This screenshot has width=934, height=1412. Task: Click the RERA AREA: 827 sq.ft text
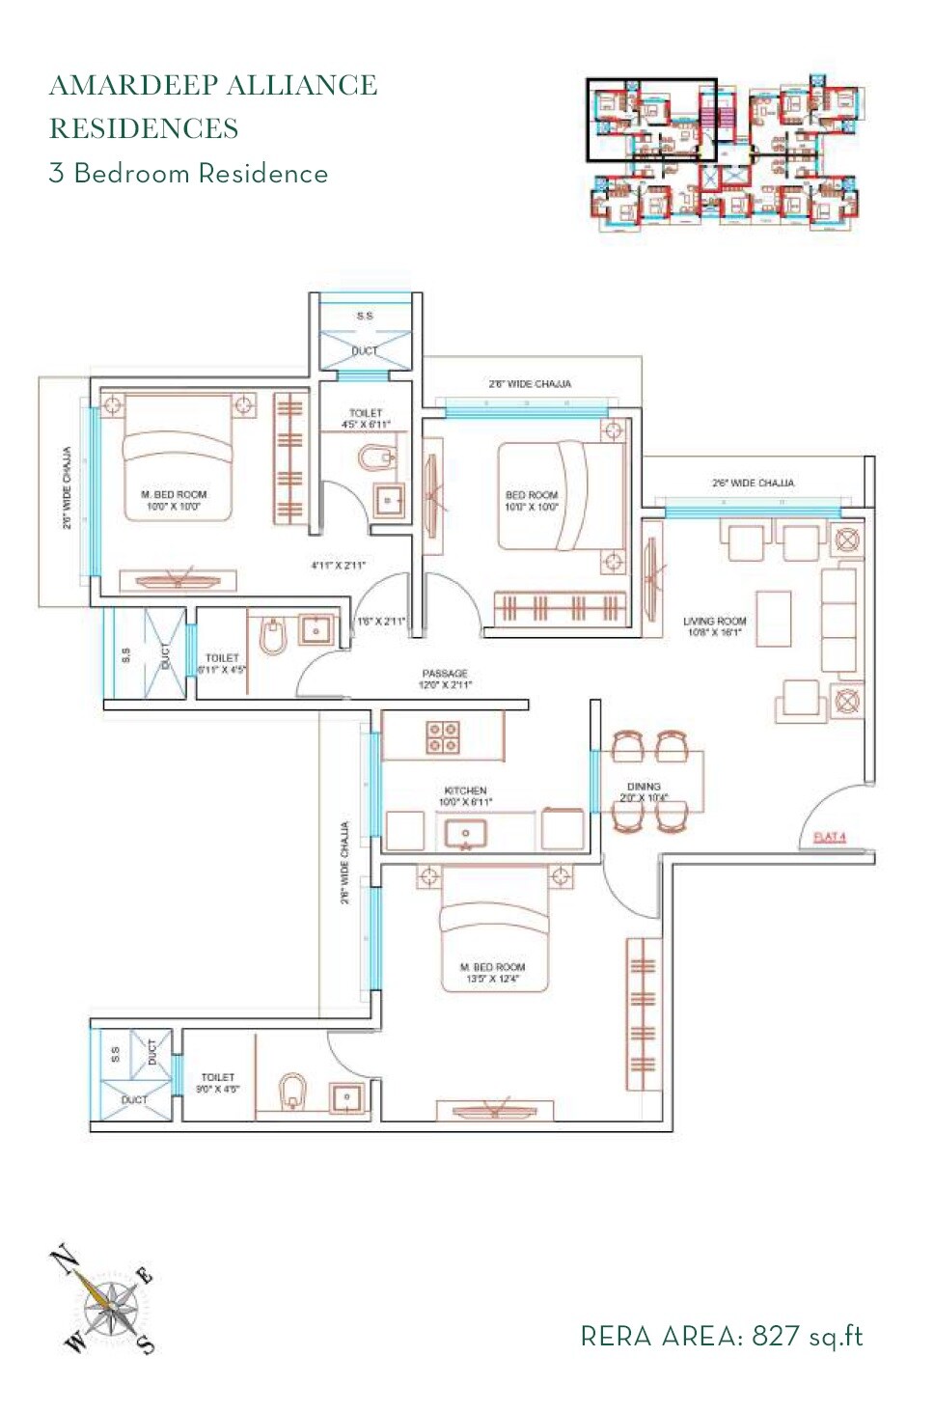pos(721,1336)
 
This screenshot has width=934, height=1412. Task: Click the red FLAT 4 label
pos(829,837)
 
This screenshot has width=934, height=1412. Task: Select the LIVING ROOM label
pos(714,626)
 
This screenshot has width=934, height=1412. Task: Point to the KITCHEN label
pos(465,795)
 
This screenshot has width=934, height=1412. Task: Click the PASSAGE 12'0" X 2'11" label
pos(444,678)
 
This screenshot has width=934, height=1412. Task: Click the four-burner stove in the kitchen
pos(443,737)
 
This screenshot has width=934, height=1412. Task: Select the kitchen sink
pos(465,833)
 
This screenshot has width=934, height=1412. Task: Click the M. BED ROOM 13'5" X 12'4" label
pos(492,972)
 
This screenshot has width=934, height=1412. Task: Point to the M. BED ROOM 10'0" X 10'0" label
pos(174,500)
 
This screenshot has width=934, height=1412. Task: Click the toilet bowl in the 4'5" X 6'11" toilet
pos(375,457)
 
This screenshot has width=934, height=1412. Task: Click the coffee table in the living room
pos(773,619)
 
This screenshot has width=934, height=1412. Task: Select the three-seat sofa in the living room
pos(838,620)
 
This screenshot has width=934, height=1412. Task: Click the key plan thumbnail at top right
pos(726,153)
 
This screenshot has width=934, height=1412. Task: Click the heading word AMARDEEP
pos(133,85)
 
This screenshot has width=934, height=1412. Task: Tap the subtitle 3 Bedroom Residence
pos(188,174)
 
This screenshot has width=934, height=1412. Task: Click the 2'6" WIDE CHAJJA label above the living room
pos(753,483)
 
